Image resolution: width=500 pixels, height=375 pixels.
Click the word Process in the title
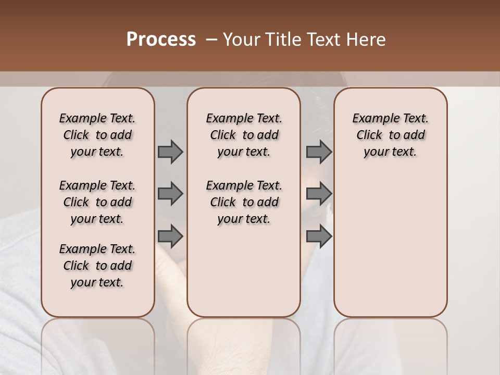point(161,40)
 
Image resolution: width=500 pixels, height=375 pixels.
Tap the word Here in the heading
point(367,40)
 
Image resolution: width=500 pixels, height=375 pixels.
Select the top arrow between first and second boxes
point(170,152)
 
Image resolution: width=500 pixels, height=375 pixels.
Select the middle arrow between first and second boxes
point(170,194)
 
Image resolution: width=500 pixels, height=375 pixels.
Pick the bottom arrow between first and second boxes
point(170,236)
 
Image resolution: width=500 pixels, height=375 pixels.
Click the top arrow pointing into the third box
point(319,152)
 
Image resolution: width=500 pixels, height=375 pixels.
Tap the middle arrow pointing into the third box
point(319,194)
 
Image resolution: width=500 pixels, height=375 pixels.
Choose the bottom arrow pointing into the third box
point(319,236)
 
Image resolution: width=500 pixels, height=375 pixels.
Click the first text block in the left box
point(97,135)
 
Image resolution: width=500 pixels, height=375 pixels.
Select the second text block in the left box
point(97,202)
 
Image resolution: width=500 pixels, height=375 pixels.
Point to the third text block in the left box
point(97,266)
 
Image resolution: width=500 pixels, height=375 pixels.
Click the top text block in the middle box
point(244,135)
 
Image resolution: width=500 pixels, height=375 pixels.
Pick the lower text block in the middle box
point(244,202)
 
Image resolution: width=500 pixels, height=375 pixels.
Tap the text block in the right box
point(390,135)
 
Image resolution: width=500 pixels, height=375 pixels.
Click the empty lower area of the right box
point(390,245)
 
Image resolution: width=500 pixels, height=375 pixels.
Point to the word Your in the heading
point(242,40)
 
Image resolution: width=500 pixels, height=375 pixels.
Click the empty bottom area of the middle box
point(244,276)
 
